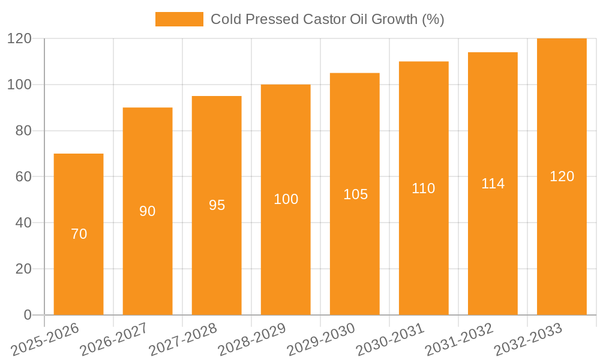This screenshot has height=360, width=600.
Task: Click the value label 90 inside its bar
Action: point(148,211)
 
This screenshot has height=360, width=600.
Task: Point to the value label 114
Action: point(493,184)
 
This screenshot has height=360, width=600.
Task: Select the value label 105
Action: point(355,194)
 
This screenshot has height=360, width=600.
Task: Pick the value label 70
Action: point(79,234)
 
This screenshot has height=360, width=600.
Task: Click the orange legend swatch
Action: point(179,19)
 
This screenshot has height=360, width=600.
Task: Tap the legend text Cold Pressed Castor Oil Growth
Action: point(327,19)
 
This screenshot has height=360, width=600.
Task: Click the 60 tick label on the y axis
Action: point(23,177)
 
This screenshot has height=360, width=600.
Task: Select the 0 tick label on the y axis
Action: point(28,315)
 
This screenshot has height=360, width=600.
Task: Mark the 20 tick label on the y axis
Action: point(23,269)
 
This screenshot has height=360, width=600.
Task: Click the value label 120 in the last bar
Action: point(562,176)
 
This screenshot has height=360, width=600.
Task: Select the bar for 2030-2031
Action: point(424,252)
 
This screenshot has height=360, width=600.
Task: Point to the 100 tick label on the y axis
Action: point(19,85)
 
